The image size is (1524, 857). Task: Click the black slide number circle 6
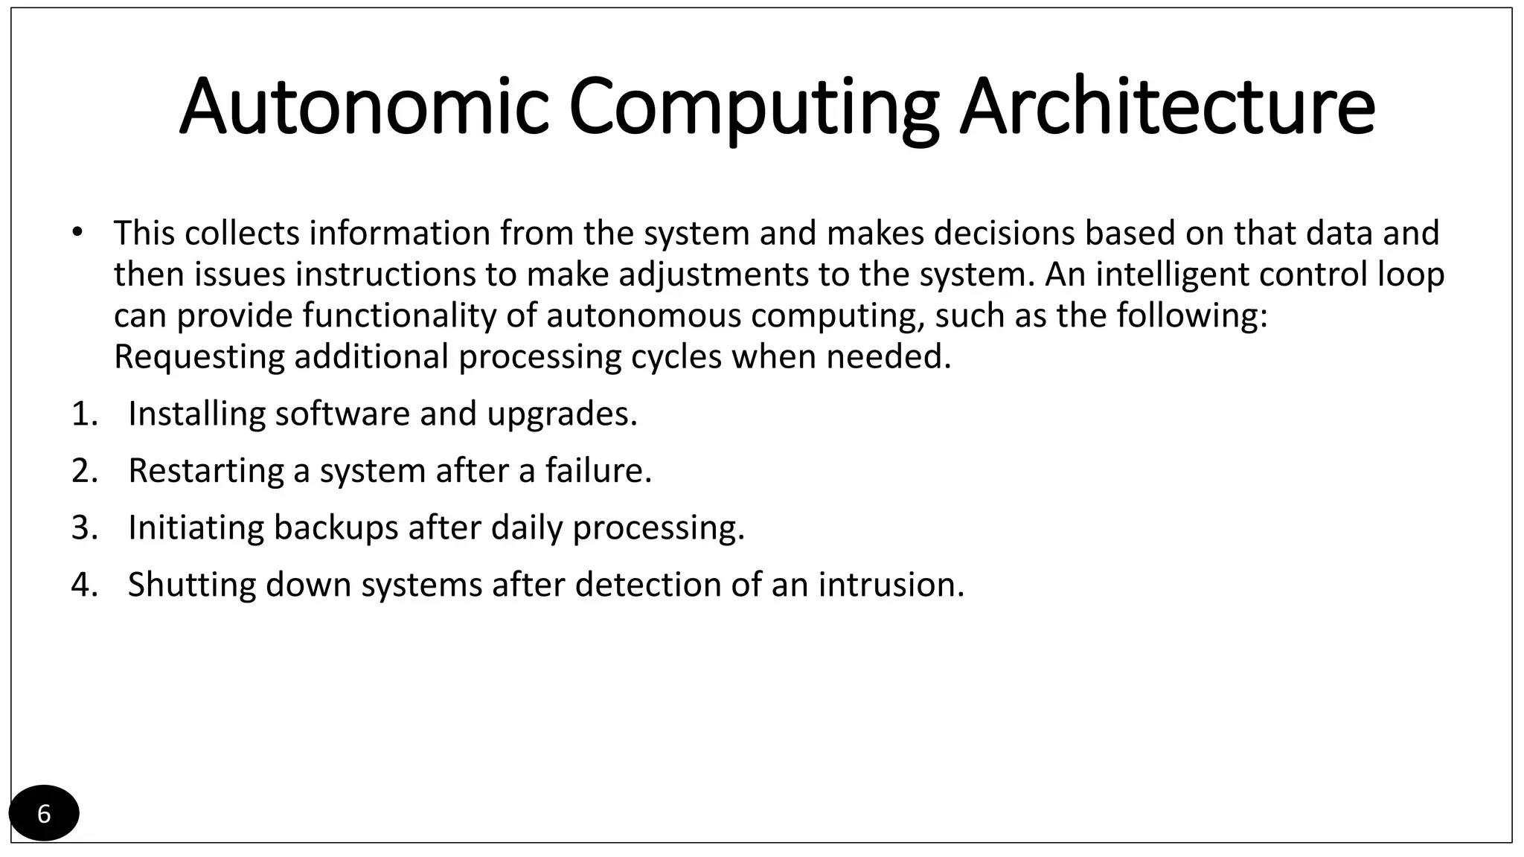tap(44, 813)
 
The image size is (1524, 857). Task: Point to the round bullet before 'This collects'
tap(78, 232)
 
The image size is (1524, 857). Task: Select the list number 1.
tap(83, 414)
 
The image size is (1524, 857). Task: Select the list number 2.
tap(83, 471)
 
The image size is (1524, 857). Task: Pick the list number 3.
tap(83, 527)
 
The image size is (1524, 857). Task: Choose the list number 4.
tap(83, 585)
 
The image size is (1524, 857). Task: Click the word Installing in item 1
tap(196, 414)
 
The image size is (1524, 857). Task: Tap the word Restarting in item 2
tap(205, 471)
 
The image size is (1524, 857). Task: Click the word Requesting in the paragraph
tap(199, 356)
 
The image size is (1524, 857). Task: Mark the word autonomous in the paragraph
tap(644, 315)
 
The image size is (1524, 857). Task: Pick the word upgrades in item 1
tap(561, 414)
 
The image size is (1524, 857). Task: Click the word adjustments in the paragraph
tap(713, 275)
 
